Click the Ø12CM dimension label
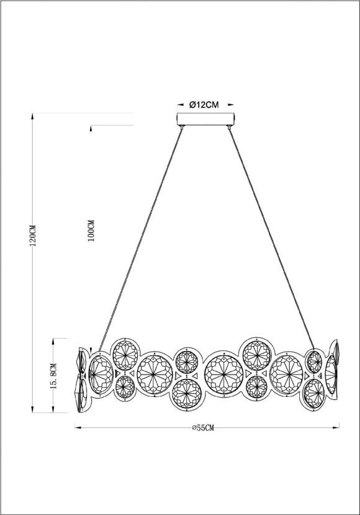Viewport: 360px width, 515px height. (x=204, y=104)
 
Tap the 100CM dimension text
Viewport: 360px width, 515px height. (x=91, y=230)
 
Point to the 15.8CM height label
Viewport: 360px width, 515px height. (x=54, y=375)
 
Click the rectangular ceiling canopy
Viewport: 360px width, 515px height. (x=205, y=119)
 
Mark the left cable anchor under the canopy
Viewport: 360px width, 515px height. (x=182, y=127)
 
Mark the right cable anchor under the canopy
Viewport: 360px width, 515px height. (x=230, y=127)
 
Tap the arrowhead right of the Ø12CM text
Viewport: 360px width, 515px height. (x=229, y=104)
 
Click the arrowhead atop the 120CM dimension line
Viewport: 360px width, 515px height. (x=31, y=116)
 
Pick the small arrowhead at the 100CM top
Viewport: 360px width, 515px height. (x=91, y=129)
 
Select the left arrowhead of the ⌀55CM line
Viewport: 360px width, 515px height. (x=78, y=427)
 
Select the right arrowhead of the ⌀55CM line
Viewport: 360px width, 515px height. (x=336, y=427)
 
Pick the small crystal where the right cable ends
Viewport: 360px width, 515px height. (x=315, y=360)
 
